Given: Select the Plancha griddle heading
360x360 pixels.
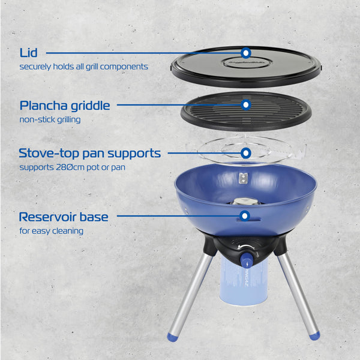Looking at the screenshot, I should [65, 106].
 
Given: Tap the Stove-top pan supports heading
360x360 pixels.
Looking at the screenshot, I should [90, 153].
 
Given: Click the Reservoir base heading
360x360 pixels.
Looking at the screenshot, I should [64, 217].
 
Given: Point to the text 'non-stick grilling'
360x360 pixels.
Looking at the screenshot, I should [50, 119].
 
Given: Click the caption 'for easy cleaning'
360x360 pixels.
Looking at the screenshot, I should [52, 230].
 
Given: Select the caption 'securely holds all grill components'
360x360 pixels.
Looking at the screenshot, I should [83, 67].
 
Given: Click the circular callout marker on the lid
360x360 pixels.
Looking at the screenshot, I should [245, 53].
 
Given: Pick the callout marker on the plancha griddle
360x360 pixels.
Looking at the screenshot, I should [245, 105].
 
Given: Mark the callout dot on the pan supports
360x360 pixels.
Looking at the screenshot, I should [245, 153].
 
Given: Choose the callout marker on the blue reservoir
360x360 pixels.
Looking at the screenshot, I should [245, 216].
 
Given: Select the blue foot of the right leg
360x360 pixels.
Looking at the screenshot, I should [314, 335].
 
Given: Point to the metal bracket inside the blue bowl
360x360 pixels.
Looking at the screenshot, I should [243, 178].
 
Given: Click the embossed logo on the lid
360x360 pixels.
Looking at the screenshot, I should [245, 62].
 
